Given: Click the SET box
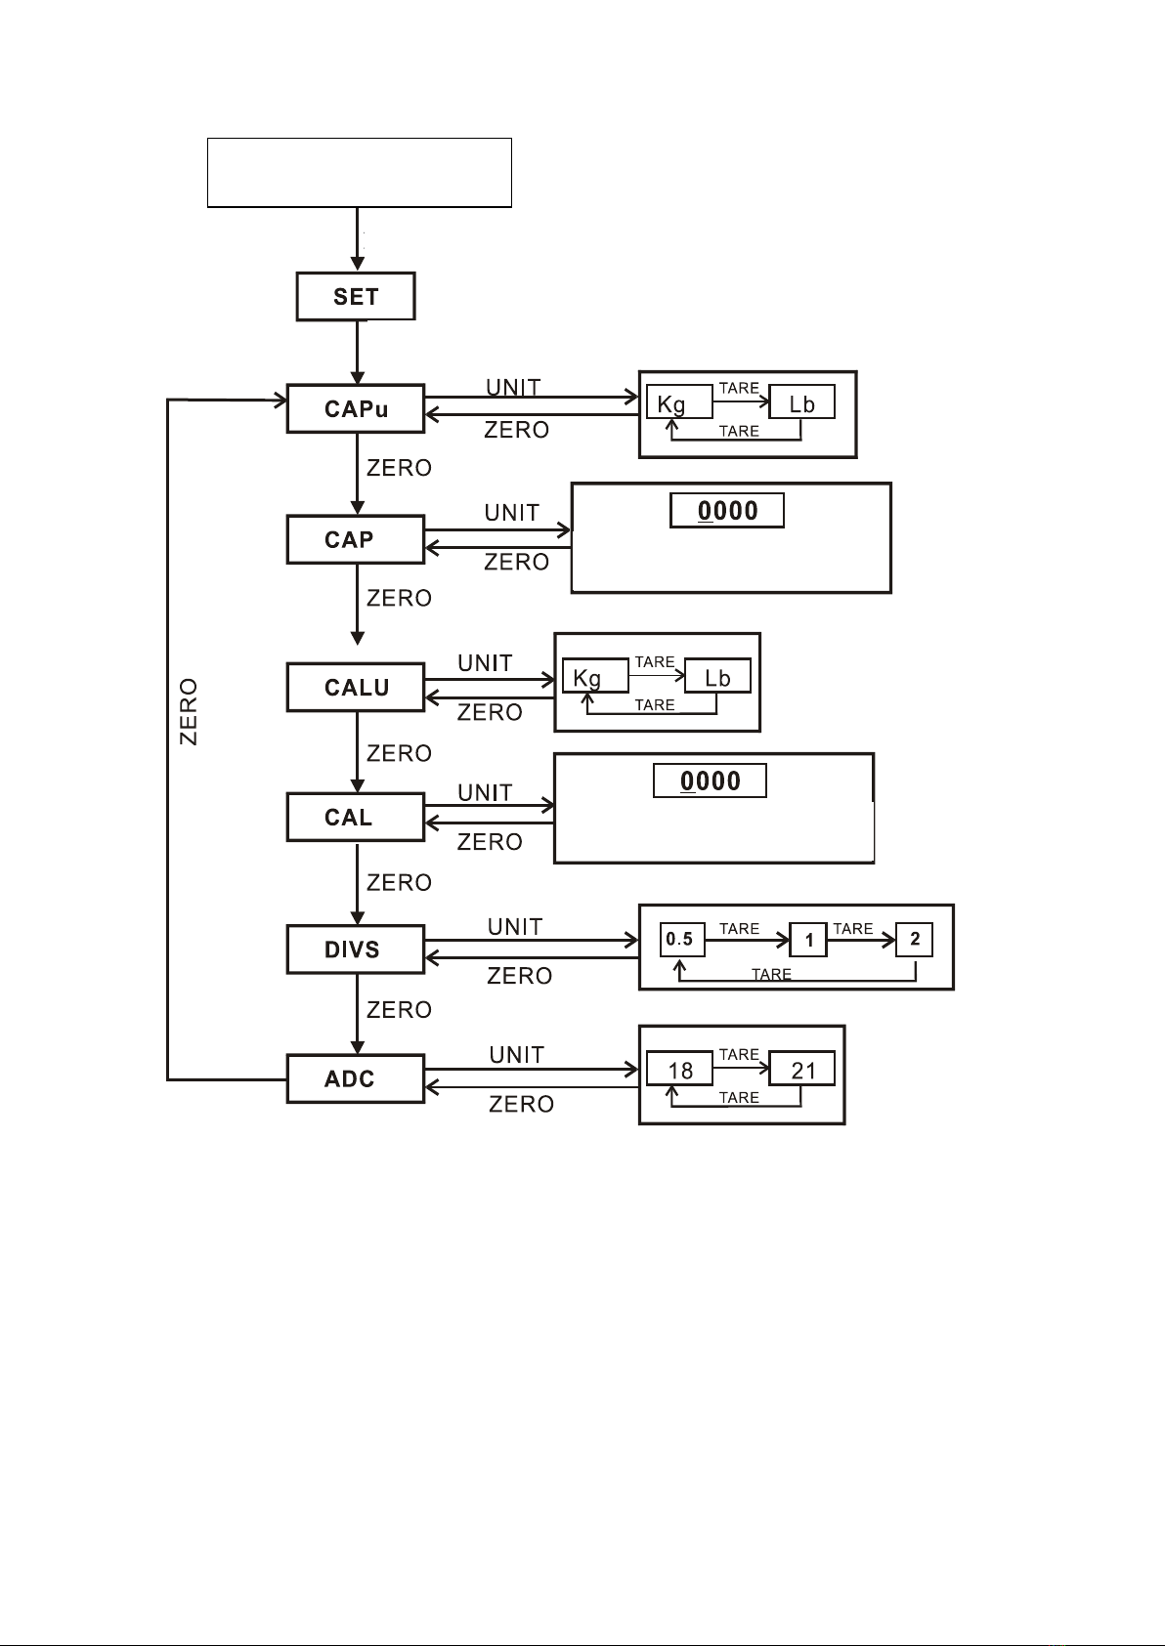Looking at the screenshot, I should pos(356,296).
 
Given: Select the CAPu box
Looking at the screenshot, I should pos(356,408).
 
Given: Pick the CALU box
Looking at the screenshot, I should pos(356,687).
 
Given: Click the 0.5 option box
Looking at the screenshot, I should pos(681,940).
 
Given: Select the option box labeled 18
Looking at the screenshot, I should pos(680,1070).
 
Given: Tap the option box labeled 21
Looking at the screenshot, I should pos(802,1070).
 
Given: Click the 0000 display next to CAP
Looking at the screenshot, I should pos(727,510).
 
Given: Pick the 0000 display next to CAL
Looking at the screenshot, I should pos(710,781).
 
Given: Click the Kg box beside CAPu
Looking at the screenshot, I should pos(680,402).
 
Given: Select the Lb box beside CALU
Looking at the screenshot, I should pos(717,677).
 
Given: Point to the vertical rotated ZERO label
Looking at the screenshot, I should pos(189,712).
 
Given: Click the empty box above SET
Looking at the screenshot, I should pos(360,172).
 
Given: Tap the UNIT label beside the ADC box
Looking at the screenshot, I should pos(516,1055).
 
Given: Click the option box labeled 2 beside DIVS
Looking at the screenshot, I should pos(915,940).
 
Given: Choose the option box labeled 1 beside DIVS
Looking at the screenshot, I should pos(809,941).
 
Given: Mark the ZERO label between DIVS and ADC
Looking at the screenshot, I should pos(399,1009).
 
